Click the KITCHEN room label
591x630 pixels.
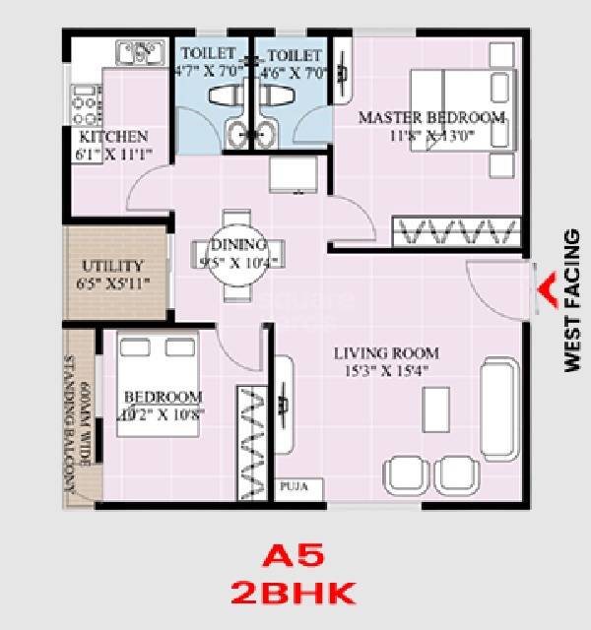click(x=113, y=137)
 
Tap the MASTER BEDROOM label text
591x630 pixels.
click(x=430, y=117)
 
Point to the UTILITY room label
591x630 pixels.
click(x=112, y=266)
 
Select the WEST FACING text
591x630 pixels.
click(x=572, y=300)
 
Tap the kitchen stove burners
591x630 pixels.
click(x=83, y=101)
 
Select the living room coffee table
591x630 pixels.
click(x=433, y=406)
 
